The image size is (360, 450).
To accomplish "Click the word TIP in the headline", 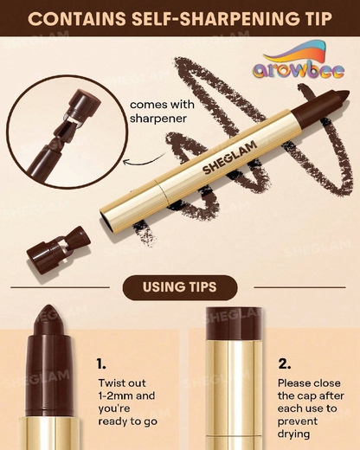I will [291, 17].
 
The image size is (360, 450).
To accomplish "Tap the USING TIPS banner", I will [179, 287].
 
